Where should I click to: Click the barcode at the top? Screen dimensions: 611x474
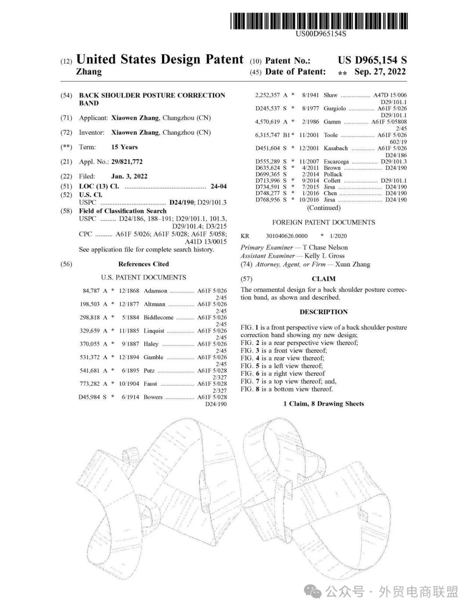pyautogui.click(x=319, y=21)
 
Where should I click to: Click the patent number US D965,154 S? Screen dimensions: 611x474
pyautogui.click(x=372, y=60)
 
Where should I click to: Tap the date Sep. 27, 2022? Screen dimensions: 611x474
pyautogui.click(x=380, y=72)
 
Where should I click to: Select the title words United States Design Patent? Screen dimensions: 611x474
pyautogui.click(x=160, y=59)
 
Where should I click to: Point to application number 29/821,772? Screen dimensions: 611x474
pyautogui.click(x=127, y=162)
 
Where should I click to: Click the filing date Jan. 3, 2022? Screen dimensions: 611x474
pyautogui.click(x=129, y=176)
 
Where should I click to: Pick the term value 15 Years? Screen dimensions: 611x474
pyautogui.click(x=124, y=147)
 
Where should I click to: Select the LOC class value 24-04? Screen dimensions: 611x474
pyautogui.click(x=219, y=187)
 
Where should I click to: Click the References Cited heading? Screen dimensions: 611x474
pyautogui.click(x=144, y=264)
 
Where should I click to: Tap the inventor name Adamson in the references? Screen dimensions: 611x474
pyautogui.click(x=155, y=291)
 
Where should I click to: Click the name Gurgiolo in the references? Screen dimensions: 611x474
pyautogui.click(x=334, y=108)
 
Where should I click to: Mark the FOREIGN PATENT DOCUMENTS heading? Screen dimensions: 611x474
pyautogui.click(x=323, y=223)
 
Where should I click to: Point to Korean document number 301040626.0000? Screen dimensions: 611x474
pyautogui.click(x=287, y=236)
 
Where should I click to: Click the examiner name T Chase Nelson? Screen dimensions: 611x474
pyautogui.click(x=325, y=248)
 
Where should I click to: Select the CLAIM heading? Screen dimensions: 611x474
pyautogui.click(x=323, y=279)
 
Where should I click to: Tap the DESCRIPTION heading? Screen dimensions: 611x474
pyautogui.click(x=323, y=312)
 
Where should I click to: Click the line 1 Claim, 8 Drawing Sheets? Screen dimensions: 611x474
pyautogui.click(x=323, y=404)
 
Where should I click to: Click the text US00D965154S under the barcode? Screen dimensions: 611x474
pyautogui.click(x=320, y=34)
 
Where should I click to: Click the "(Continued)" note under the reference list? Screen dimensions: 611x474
pyautogui.click(x=323, y=208)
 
